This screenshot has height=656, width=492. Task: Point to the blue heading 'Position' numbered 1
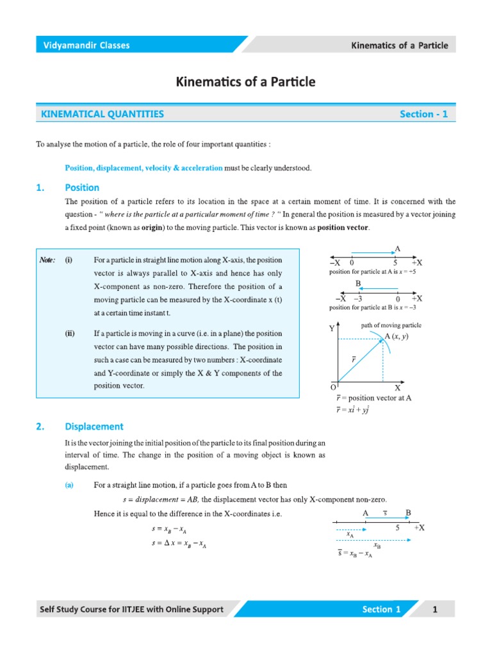[x=82, y=188]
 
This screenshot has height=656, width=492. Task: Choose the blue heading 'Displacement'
[x=94, y=426]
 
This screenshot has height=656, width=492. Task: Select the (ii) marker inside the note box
[x=69, y=334]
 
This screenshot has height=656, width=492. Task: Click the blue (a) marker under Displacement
[x=69, y=486]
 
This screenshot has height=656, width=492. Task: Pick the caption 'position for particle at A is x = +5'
[x=372, y=272]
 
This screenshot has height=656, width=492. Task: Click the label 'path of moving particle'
[x=391, y=325]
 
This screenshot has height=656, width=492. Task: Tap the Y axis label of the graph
[x=332, y=328]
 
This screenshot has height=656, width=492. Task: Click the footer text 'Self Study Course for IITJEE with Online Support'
[x=132, y=609]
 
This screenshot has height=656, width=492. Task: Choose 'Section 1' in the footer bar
[x=381, y=609]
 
